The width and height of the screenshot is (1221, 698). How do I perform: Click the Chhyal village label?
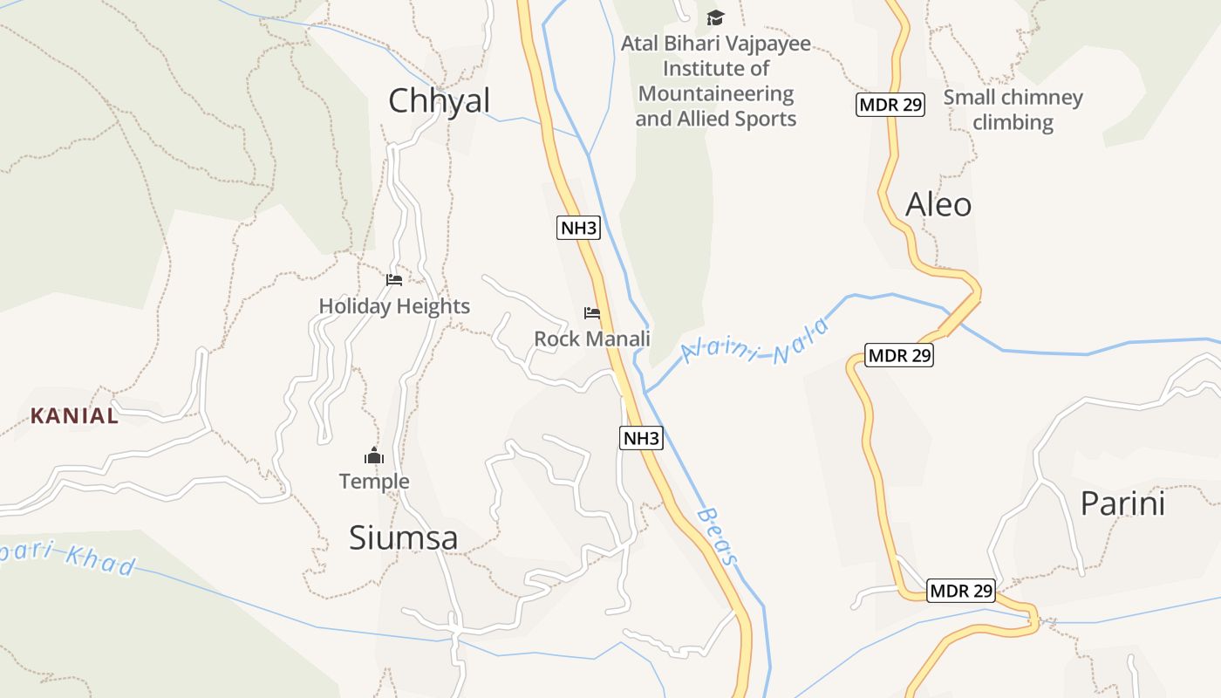[440, 101]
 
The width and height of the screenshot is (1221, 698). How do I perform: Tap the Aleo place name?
[938, 205]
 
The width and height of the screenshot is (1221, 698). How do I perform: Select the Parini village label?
[1122, 504]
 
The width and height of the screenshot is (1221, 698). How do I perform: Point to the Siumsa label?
[403, 538]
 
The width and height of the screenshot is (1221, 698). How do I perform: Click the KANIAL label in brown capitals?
[74, 416]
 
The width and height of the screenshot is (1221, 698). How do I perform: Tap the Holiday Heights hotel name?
[394, 306]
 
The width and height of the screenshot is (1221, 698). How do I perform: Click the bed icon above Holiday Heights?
[394, 280]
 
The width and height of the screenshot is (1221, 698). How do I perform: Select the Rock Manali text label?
[592, 339]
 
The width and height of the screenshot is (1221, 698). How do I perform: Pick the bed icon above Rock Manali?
[592, 312]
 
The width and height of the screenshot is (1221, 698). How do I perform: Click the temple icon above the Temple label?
[374, 455]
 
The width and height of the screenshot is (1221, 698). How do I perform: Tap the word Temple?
[374, 482]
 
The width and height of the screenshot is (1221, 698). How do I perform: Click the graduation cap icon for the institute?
[715, 17]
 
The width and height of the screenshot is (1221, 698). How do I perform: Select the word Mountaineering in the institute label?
[716, 93]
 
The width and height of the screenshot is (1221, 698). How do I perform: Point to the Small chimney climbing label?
[1013, 110]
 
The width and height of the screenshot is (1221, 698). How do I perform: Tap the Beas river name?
[718, 537]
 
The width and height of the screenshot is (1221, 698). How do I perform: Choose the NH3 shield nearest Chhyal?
[578, 229]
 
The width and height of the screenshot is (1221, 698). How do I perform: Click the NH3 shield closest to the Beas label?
[641, 438]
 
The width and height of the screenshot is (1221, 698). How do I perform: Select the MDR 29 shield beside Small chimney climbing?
[890, 105]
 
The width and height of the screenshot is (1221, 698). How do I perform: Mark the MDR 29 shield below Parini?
[960, 591]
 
